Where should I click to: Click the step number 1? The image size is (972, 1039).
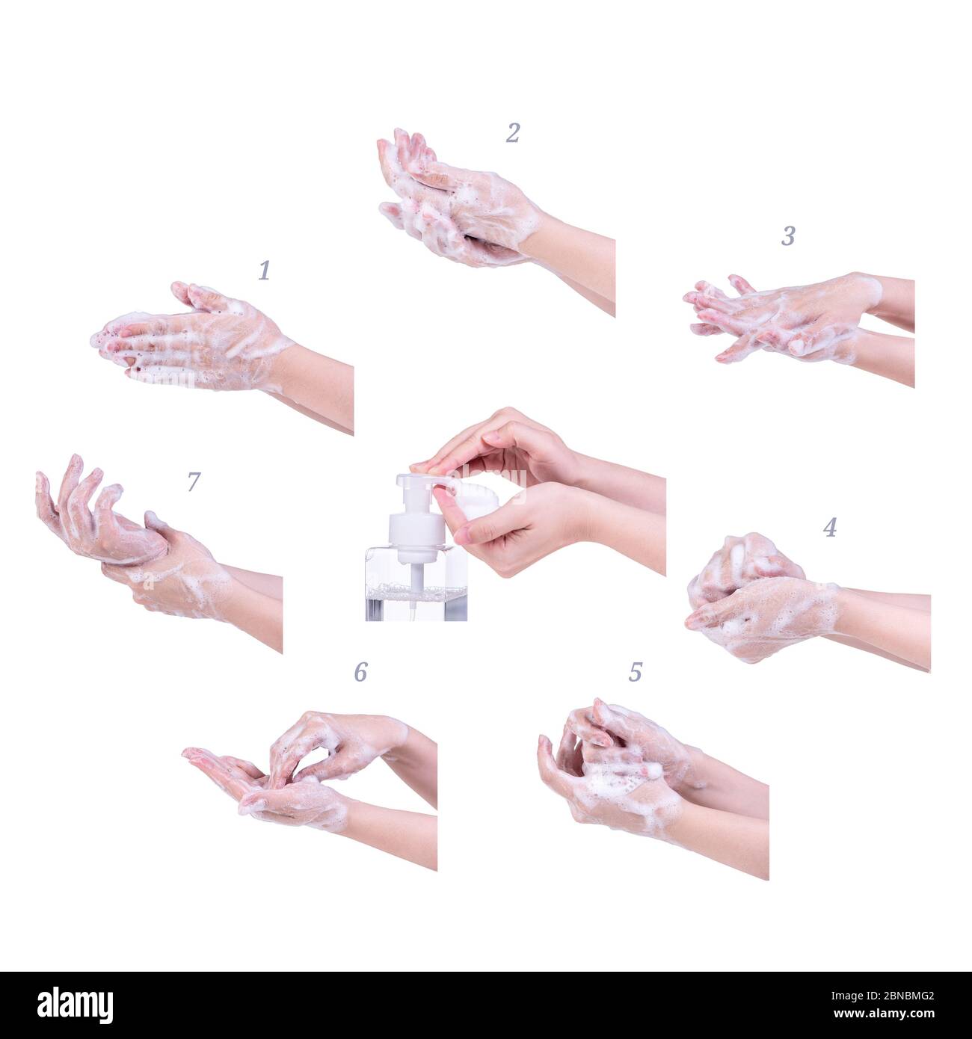click(x=265, y=271)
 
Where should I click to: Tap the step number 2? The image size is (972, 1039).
click(x=513, y=133)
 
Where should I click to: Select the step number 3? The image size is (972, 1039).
click(x=788, y=236)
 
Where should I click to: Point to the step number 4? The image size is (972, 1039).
click(x=830, y=527)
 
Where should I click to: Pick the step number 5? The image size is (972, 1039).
click(x=636, y=672)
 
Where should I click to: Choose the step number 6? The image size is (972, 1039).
click(x=361, y=672)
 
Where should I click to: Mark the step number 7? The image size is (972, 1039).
click(x=194, y=481)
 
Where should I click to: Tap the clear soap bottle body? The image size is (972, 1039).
click(x=416, y=583)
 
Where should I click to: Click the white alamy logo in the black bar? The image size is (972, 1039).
click(x=75, y=1005)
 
